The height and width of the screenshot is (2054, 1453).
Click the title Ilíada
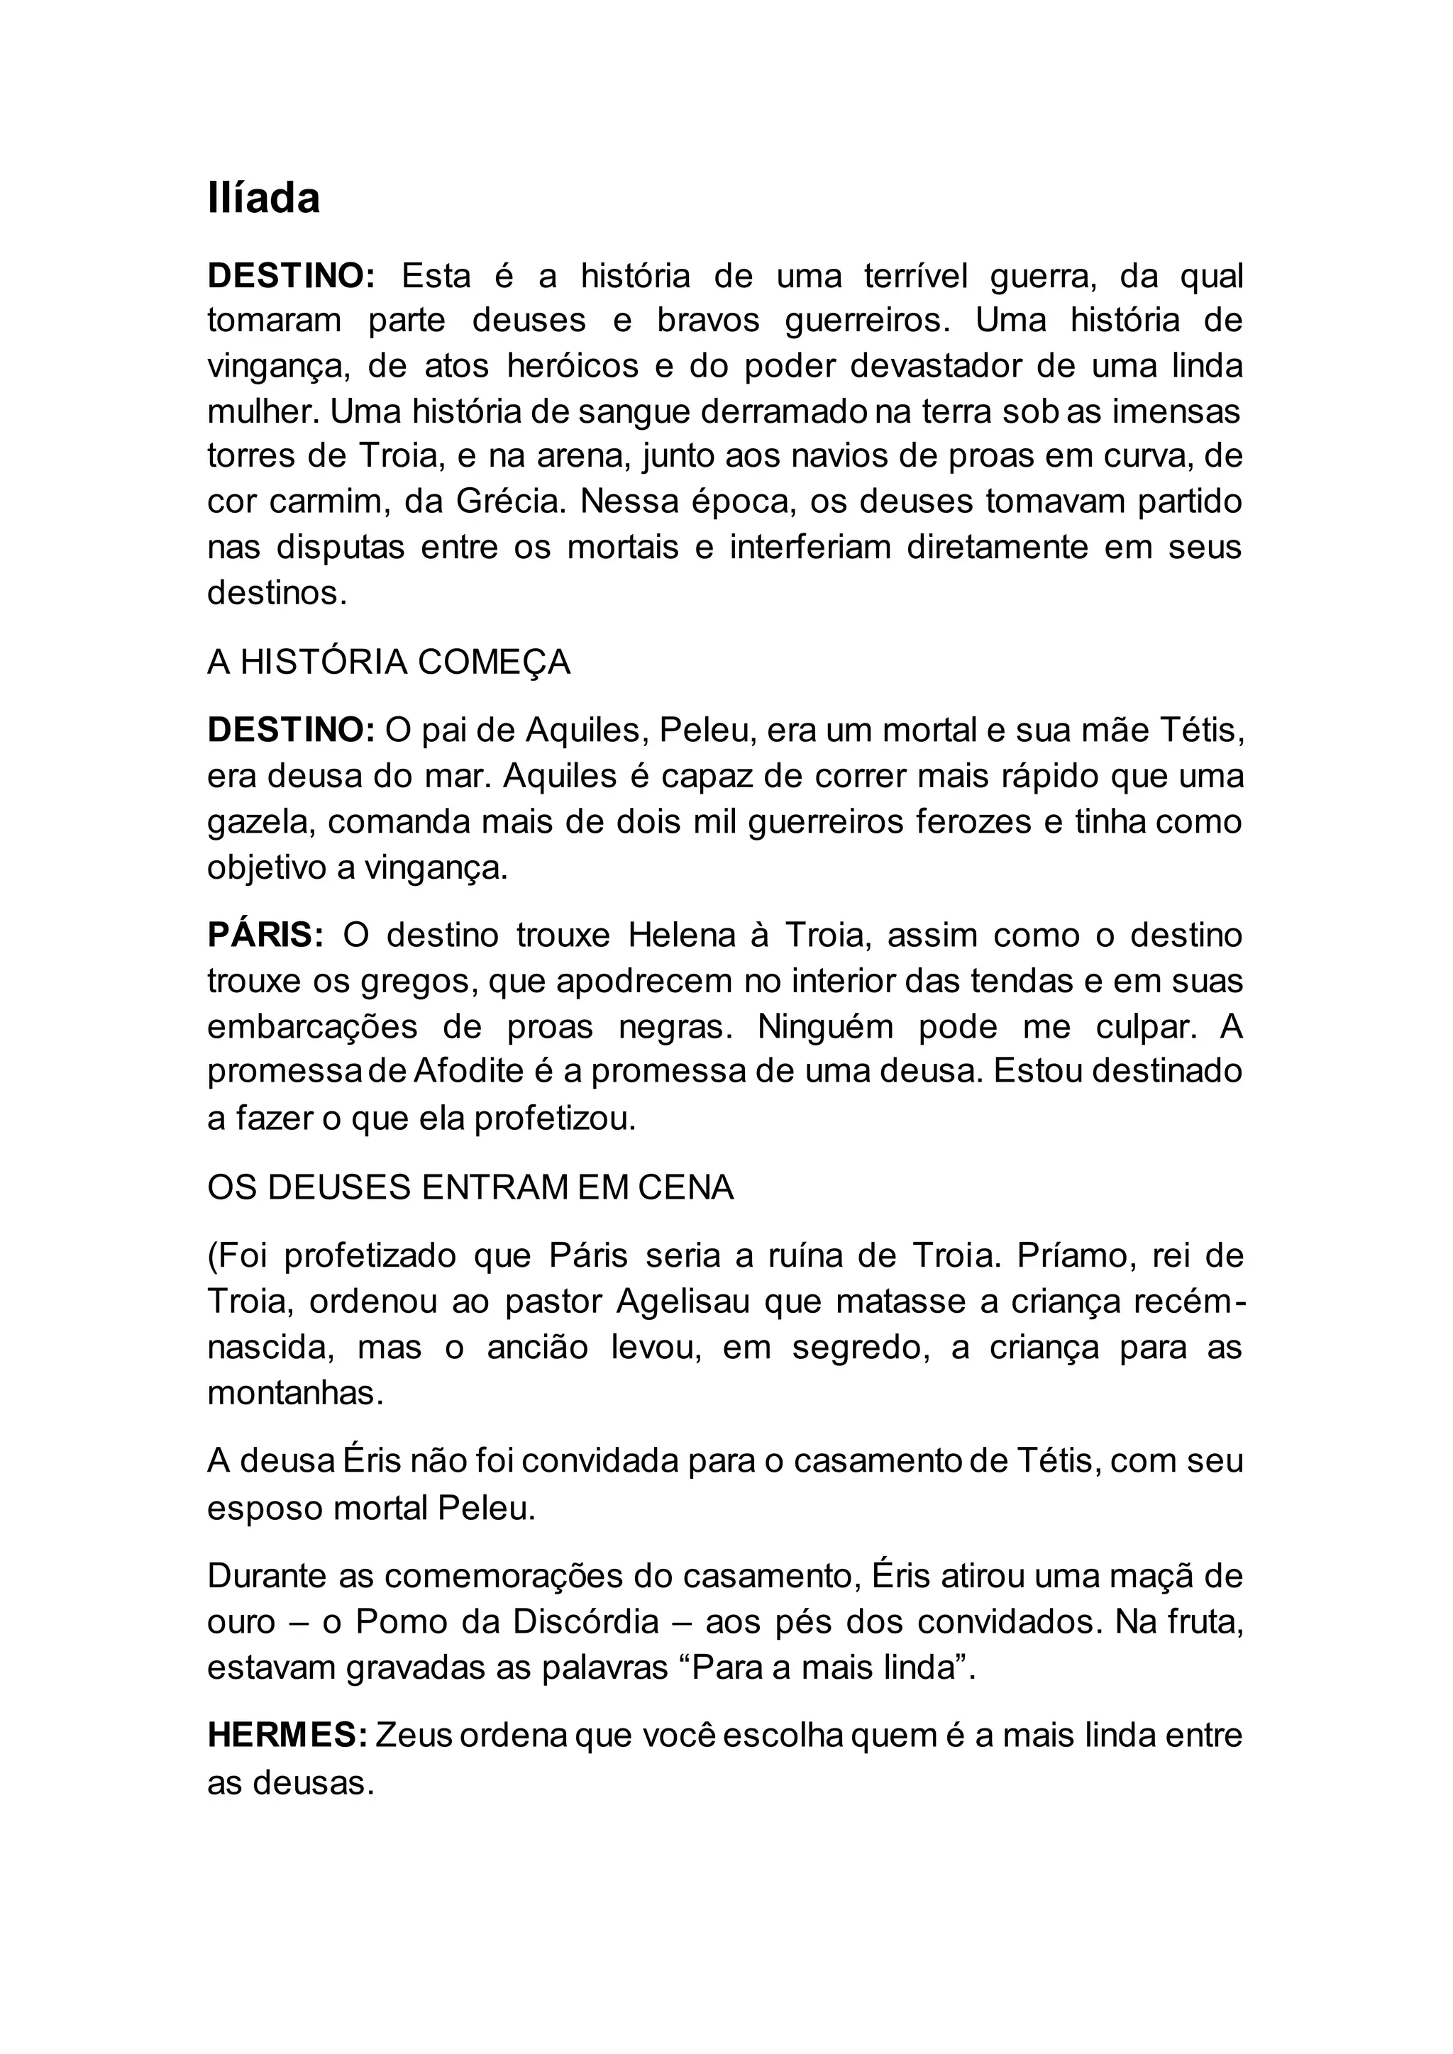[263, 199]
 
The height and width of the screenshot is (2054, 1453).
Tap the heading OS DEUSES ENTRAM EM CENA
[470, 1187]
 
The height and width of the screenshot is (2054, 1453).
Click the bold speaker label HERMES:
[287, 1735]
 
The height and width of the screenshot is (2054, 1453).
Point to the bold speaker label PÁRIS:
[265, 935]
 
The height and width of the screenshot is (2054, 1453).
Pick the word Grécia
[511, 501]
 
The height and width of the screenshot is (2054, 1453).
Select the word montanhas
[294, 1393]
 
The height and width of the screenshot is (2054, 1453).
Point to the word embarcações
[312, 1026]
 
